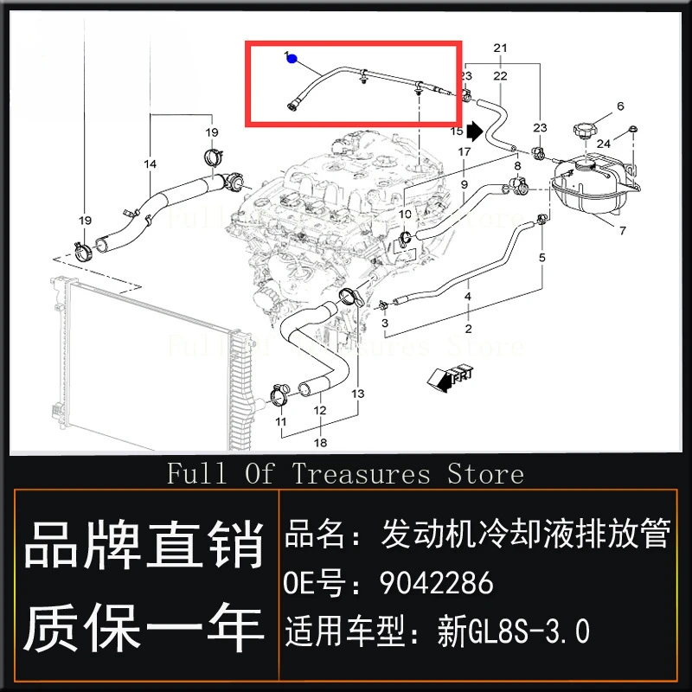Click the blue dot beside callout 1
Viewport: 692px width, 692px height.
click(292, 60)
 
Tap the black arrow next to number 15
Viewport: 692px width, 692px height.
click(474, 131)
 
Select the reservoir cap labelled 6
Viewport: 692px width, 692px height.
click(585, 133)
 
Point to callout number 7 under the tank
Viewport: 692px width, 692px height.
click(621, 231)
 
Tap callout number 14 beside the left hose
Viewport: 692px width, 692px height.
click(151, 163)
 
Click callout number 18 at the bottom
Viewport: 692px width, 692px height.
click(322, 443)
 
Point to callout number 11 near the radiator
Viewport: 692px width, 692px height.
click(280, 421)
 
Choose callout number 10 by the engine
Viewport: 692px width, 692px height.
click(405, 213)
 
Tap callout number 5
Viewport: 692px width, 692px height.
click(542, 257)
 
